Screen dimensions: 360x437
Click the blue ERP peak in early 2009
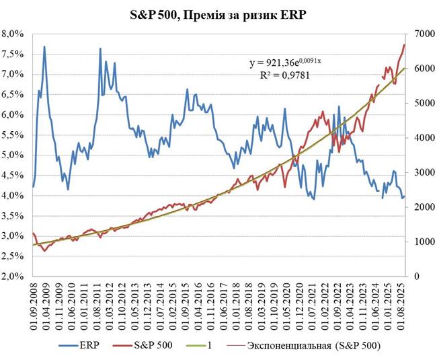44,47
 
